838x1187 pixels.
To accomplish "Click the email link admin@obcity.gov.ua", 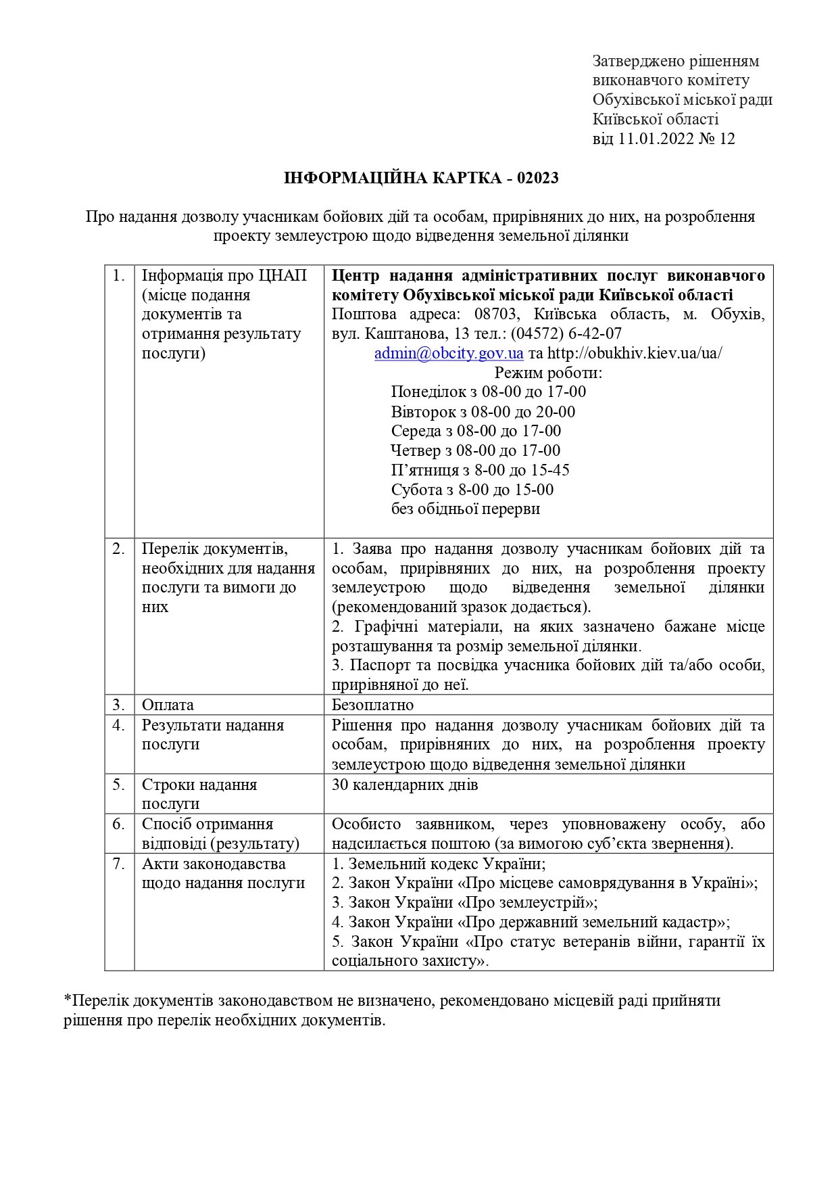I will click(449, 353).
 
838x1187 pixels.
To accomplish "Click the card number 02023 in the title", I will click(538, 178).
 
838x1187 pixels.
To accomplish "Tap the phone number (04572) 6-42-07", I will click(566, 333).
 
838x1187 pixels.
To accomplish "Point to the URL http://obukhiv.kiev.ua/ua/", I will click(635, 353).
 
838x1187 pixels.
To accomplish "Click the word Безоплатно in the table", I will click(372, 705).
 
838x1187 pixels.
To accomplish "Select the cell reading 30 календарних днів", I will click(405, 785).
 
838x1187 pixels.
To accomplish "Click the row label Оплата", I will click(168, 705).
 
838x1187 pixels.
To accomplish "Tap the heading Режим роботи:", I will click(548, 373).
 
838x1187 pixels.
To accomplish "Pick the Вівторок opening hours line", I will click(483, 412).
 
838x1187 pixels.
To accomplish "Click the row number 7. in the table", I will click(119, 864).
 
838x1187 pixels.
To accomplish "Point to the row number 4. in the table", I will click(119, 725).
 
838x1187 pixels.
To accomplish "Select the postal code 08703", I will click(497, 315).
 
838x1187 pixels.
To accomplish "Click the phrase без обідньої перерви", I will click(465, 509).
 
